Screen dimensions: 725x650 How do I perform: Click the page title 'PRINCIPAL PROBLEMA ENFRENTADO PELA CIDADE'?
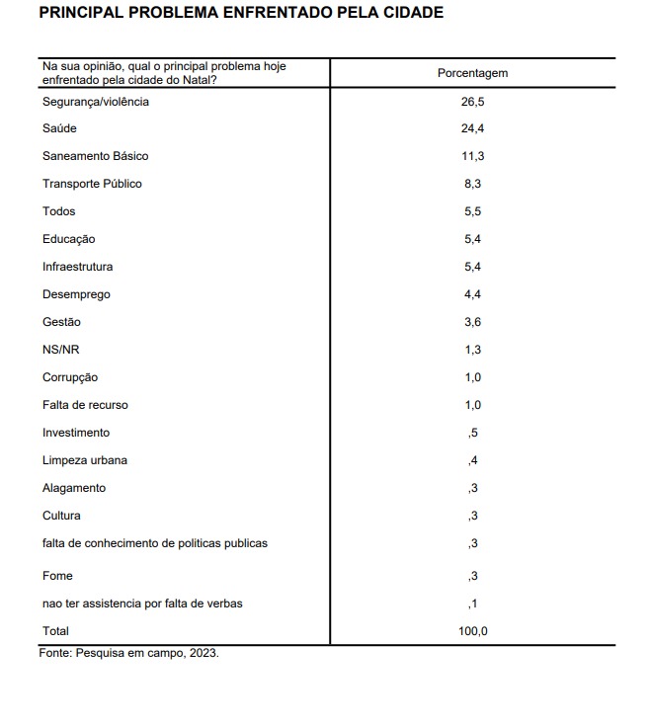click(x=240, y=13)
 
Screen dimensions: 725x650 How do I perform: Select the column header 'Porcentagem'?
click(x=472, y=73)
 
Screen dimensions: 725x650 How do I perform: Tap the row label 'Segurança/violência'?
click(x=96, y=101)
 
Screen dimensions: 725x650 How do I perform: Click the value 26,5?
click(x=472, y=101)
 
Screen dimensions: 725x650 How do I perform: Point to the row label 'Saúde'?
click(x=59, y=128)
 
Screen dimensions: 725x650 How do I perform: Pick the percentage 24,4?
click(x=472, y=128)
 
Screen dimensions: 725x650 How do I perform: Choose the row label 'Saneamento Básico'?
click(x=95, y=156)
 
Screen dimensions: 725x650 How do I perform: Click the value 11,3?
click(x=472, y=156)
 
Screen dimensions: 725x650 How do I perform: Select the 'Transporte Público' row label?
click(x=92, y=184)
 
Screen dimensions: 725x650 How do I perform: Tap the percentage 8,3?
click(x=472, y=184)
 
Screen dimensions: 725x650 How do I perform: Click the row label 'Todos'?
click(x=58, y=211)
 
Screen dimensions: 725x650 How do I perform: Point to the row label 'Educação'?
click(x=68, y=239)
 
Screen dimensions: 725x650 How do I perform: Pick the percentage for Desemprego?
click(x=472, y=294)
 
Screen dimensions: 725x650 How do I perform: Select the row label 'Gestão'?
click(x=61, y=322)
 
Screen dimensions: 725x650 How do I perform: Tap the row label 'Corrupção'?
click(x=70, y=377)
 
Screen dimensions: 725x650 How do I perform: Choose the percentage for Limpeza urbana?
click(x=473, y=460)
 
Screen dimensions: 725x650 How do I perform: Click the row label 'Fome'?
click(x=57, y=576)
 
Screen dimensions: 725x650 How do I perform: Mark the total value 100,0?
click(x=472, y=631)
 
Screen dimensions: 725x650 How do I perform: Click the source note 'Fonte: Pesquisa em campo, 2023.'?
click(x=128, y=653)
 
